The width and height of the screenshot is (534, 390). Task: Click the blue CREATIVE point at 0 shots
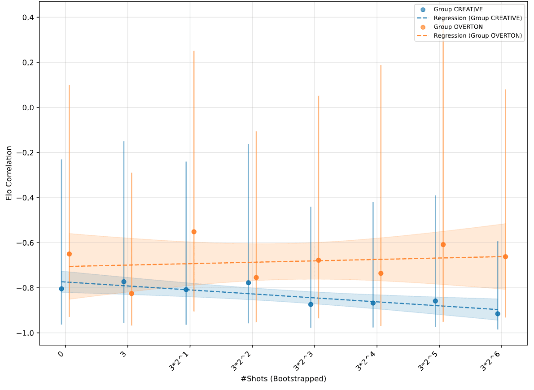point(61,289)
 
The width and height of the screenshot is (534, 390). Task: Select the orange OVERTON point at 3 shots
point(131,294)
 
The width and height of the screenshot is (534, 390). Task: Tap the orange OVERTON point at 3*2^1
point(194,232)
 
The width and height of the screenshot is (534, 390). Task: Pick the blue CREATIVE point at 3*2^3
point(311,304)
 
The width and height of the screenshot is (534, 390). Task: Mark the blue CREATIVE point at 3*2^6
point(498,314)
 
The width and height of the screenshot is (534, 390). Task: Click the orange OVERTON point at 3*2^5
point(443,244)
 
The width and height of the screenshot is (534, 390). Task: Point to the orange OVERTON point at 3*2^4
point(381,273)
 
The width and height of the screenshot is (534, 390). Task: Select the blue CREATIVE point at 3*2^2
point(248,283)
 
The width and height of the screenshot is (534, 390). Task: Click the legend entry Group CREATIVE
point(458,9)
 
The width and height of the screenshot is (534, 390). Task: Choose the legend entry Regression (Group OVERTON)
point(478,36)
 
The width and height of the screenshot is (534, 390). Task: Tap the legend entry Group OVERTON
point(458,27)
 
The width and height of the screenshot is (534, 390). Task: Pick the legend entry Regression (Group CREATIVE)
point(477,18)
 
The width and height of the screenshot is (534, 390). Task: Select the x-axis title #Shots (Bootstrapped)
point(283,379)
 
